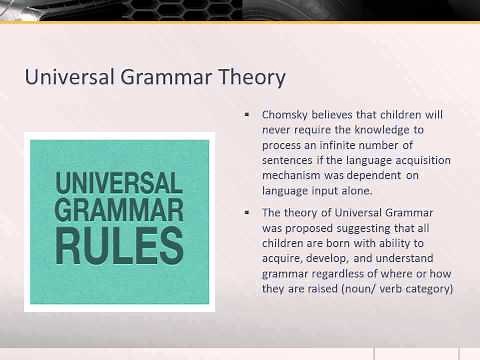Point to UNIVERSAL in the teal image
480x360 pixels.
119,183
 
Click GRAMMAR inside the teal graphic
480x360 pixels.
119,211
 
